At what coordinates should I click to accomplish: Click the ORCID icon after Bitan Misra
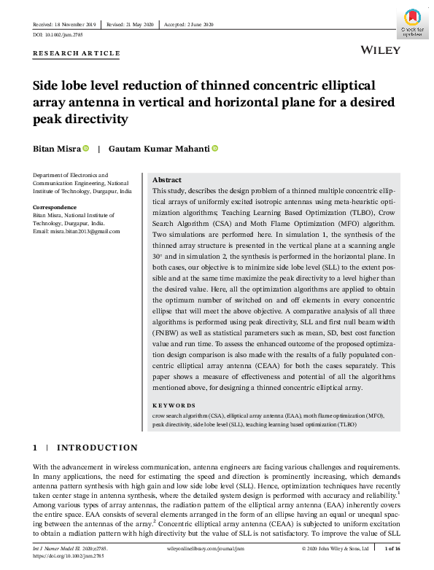(86, 148)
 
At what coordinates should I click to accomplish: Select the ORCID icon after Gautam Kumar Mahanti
(215, 148)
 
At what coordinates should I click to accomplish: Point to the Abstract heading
(167, 180)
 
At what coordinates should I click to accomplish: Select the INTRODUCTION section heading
(97, 447)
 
